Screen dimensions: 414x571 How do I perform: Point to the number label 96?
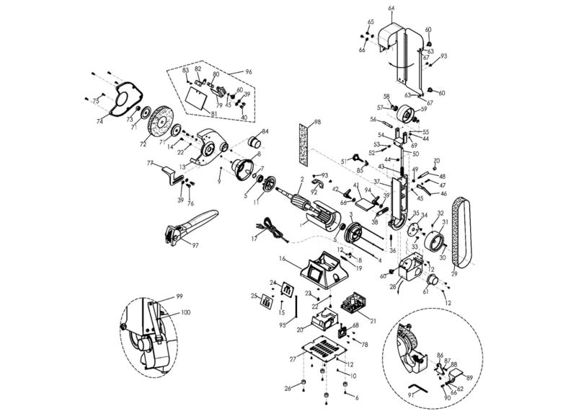click(249, 72)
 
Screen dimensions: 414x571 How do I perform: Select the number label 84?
click(265, 131)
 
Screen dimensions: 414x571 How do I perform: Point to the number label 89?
click(469, 376)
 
